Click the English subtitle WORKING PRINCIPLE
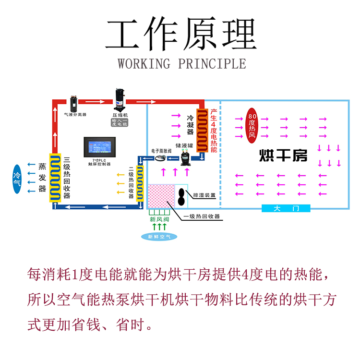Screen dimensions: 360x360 click(181, 63)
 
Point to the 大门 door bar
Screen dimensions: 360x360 click(286, 208)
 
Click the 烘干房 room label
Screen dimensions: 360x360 click(283, 156)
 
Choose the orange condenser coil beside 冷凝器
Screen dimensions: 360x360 click(200, 131)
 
